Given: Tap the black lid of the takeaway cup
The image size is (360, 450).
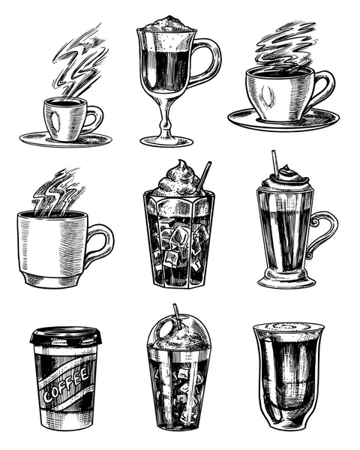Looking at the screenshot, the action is click(x=66, y=336).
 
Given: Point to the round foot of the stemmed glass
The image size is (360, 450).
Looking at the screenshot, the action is click(x=166, y=141).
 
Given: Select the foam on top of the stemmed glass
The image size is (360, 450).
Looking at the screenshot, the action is click(x=167, y=24).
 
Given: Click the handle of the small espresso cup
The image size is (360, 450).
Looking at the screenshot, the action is click(x=95, y=119).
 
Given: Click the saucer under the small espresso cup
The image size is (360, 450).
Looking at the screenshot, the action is click(x=66, y=140).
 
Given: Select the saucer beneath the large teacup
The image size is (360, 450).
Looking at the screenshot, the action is click(x=283, y=120).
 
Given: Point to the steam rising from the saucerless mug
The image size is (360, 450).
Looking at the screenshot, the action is click(x=58, y=192).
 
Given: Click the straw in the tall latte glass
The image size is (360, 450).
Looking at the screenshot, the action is click(x=275, y=163).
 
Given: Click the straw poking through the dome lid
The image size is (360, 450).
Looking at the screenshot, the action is click(x=178, y=316).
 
